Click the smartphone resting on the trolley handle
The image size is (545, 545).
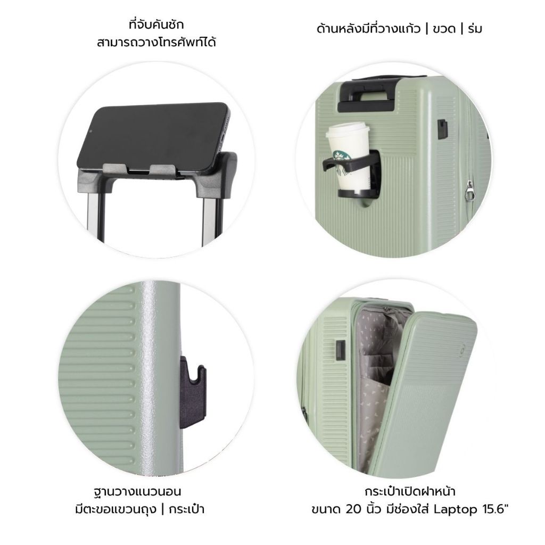coord(153,139)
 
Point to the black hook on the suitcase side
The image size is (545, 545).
coord(193,392)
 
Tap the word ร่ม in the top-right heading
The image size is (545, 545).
coord(475,29)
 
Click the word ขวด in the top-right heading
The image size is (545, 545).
coord(444,29)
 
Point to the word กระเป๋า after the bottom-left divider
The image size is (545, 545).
coord(186,509)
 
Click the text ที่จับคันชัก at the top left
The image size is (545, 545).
coord(156,25)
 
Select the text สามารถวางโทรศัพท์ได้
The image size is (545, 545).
coord(156,43)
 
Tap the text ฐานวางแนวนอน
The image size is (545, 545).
coord(138,491)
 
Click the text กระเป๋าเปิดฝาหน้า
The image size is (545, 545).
coord(410,491)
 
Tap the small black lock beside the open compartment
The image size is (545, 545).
coord(341,350)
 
